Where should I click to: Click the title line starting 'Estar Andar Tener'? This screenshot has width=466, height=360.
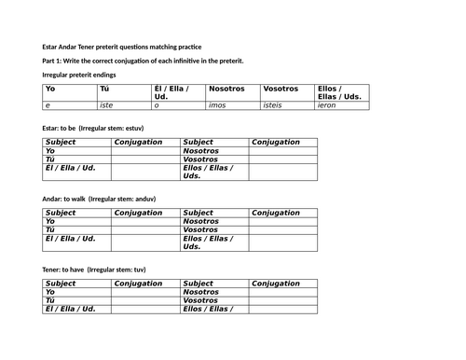click(121, 47)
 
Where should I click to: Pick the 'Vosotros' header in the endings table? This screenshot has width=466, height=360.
click(281, 89)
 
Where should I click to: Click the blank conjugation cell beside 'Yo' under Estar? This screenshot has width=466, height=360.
click(145, 150)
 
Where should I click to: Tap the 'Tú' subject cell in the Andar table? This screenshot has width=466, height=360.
click(51, 229)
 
